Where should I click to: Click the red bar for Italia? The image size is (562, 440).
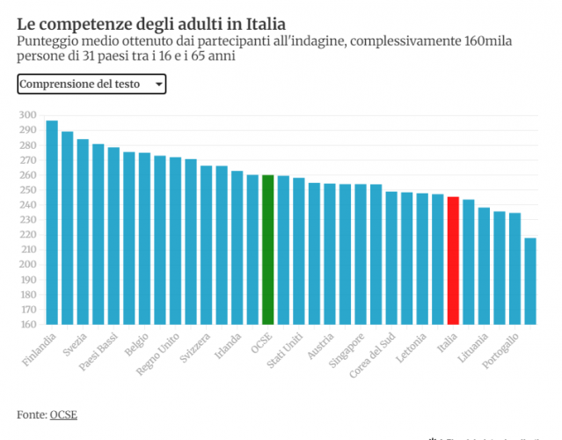pyautogui.click(x=453, y=260)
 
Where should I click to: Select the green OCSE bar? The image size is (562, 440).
pyautogui.click(x=267, y=250)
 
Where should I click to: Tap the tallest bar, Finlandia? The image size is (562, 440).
pyautogui.click(x=52, y=222)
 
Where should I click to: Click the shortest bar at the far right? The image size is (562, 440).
pyautogui.click(x=530, y=281)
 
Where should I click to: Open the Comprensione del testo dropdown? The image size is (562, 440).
pyautogui.click(x=91, y=84)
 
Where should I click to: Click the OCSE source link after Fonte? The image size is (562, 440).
pyautogui.click(x=63, y=414)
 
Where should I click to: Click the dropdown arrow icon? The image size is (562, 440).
pyautogui.click(x=158, y=84)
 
